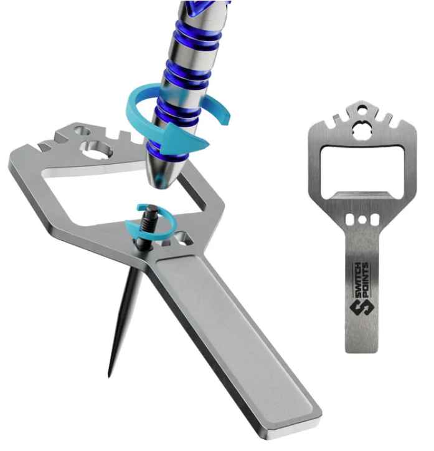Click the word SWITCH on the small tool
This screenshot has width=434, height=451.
pyautogui.click(x=357, y=281)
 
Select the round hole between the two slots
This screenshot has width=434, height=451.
pyautogui.click(x=362, y=220)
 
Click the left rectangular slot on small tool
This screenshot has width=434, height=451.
pyautogui.click(x=350, y=220)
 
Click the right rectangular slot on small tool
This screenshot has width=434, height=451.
pyautogui.click(x=375, y=220)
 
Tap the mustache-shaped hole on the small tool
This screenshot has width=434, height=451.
pyautogui.click(x=362, y=129)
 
